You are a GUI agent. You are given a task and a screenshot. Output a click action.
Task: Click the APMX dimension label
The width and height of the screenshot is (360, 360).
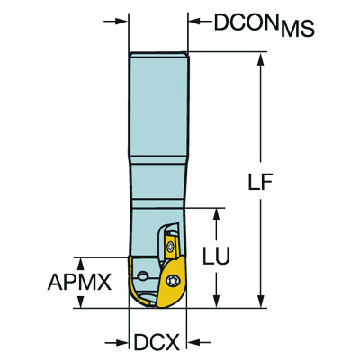click(x=80, y=283)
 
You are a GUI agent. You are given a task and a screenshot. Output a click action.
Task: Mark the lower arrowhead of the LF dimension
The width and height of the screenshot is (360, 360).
click(x=261, y=301)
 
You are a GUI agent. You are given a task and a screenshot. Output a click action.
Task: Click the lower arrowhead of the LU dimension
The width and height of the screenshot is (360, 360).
click(x=215, y=301)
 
